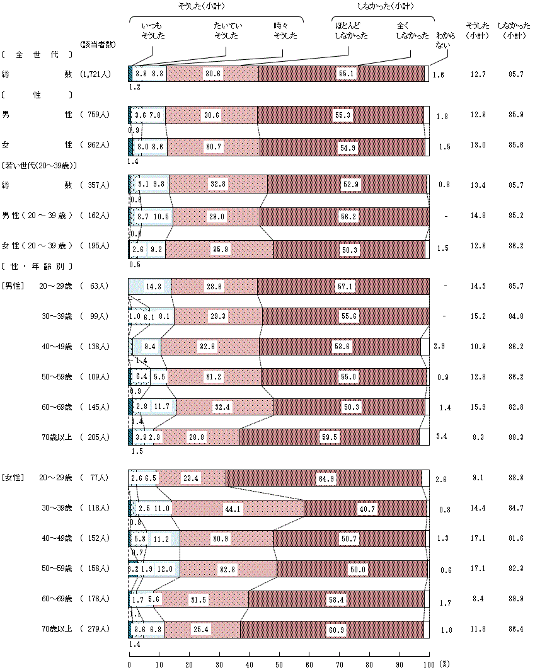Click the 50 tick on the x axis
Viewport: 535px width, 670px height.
[279, 664]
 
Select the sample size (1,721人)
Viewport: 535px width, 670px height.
[96, 74]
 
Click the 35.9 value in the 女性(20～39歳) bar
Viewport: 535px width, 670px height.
[221, 250]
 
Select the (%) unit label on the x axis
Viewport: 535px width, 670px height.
[444, 664]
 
